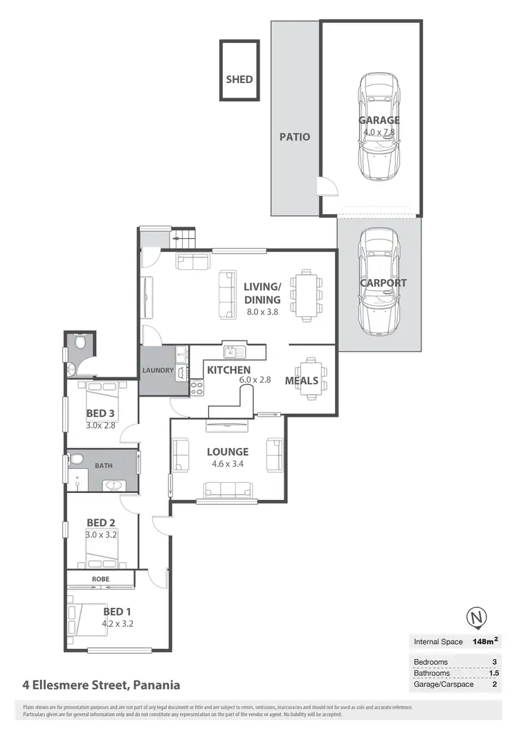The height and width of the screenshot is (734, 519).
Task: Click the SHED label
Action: point(239,79)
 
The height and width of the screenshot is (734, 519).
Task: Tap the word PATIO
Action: point(295,136)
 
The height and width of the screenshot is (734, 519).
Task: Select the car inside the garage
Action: point(379,127)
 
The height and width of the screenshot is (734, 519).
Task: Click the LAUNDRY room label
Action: point(158,370)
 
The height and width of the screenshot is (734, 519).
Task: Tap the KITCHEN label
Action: point(228,370)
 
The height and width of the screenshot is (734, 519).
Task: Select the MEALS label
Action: point(301,380)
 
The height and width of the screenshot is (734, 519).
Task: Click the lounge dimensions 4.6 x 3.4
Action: point(228,465)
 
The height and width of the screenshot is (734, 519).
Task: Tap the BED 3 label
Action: point(100,415)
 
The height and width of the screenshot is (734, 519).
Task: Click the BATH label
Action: point(104,466)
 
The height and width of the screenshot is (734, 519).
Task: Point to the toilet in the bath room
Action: point(75,459)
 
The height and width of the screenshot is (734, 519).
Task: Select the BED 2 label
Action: point(100,523)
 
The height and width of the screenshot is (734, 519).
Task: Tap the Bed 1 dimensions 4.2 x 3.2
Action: point(117,623)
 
